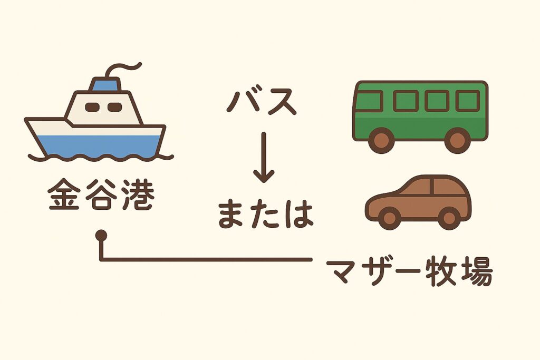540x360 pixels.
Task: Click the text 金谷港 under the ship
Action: click(101, 194)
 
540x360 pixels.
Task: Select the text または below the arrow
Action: click(266, 215)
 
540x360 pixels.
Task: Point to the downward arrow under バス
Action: click(264, 157)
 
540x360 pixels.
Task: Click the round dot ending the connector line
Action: click(101, 236)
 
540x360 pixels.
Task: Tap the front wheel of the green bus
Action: click(381, 140)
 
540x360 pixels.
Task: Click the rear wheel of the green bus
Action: click(457, 140)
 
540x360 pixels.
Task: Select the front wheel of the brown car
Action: click(390, 218)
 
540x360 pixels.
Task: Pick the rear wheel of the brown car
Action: click(449, 218)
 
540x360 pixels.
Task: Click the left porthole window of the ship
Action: click(92, 107)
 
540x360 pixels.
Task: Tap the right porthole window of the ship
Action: click(114, 107)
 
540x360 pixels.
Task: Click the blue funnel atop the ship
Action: click(105, 84)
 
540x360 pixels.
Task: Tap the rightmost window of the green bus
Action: click(468, 101)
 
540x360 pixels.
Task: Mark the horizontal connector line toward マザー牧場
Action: click(206, 259)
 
